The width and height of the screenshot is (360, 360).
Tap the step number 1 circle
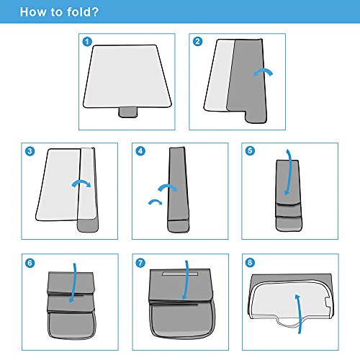pos(87,42)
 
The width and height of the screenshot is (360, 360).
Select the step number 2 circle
pos(197,42)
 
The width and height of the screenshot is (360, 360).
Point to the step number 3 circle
pos(30,151)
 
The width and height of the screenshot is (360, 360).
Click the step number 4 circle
pos(140,151)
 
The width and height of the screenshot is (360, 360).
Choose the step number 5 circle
pos(250,151)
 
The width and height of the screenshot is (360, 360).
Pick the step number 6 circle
pos(30,263)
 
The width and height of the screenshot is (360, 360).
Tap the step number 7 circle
pos(140,263)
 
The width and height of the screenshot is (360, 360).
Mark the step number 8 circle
pos(250,262)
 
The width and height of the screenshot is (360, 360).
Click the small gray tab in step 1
pos(128,112)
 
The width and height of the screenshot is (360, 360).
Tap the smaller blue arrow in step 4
pos(156,201)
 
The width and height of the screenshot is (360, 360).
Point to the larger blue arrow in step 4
pos(168,186)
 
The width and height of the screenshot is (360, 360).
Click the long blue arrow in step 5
pos(290,171)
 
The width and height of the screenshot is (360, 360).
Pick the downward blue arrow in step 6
pos(75,283)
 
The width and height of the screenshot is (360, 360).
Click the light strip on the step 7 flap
pos(180,274)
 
